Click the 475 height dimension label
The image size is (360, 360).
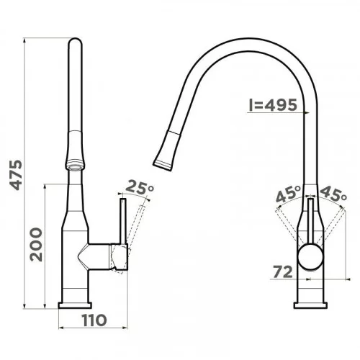click(16, 175)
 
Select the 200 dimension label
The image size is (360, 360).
click(36, 244)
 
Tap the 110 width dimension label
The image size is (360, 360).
click(94, 320)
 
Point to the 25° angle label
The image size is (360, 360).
click(140, 187)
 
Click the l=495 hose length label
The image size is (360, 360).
click(273, 105)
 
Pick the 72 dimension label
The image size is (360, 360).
click(283, 271)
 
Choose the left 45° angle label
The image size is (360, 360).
click(288, 194)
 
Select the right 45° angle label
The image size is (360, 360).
click(333, 194)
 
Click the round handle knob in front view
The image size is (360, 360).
click(310, 257)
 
